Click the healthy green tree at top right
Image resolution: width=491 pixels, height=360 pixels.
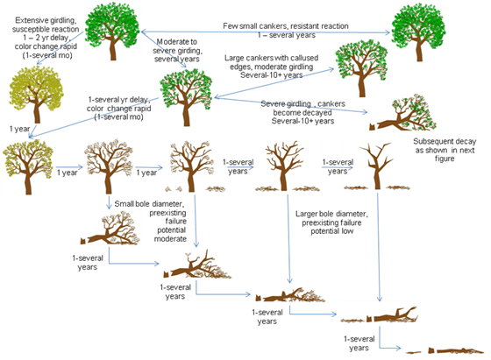coord(419,32)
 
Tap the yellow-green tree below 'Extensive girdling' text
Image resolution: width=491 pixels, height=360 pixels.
coord(37,95)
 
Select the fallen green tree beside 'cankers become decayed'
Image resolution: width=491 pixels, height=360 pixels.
coord(403,113)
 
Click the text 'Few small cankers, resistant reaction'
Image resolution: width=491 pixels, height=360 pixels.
coord(286,26)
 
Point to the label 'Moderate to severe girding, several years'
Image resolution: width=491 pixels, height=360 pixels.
coord(176,50)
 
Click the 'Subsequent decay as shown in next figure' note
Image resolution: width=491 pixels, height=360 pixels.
coord(445,150)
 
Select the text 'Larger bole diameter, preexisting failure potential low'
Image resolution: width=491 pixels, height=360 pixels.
coord(331,222)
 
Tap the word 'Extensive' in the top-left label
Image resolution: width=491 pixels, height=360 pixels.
coord(31,20)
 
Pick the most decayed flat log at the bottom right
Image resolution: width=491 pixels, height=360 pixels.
coord(445,350)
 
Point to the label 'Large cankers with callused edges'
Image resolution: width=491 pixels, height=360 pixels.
coord(271,62)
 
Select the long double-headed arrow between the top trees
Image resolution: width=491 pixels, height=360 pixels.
coord(266,32)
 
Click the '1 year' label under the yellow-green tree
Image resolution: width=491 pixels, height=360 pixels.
coord(19,129)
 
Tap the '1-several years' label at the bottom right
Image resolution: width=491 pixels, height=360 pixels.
coord(359,343)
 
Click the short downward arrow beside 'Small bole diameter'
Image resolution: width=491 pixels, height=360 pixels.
coord(109,202)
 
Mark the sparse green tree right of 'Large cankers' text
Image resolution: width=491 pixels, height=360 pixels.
coord(361,68)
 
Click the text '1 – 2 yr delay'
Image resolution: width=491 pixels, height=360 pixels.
coord(46,38)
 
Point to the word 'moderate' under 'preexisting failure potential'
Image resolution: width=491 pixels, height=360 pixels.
coord(170,239)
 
